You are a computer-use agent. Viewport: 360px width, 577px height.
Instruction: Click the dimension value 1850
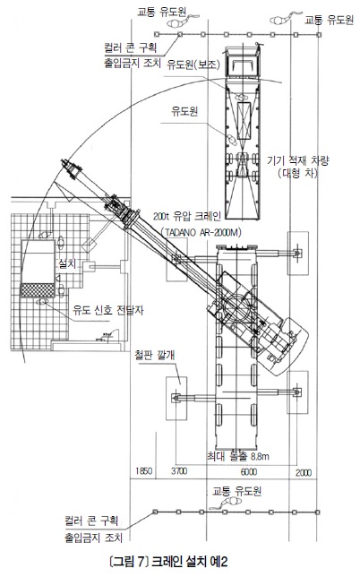point(144,471)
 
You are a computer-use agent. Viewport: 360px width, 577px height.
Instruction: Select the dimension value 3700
point(179,471)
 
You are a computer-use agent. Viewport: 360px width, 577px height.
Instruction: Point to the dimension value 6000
point(249,472)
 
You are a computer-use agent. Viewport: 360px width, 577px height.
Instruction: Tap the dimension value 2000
point(304,472)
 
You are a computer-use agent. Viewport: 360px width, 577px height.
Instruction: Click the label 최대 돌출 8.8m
point(237,457)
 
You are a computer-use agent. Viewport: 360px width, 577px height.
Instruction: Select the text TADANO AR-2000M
point(201,233)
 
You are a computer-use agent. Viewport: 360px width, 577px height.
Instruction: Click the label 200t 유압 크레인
point(187,217)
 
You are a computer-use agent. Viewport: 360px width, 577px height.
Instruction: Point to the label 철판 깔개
point(155,355)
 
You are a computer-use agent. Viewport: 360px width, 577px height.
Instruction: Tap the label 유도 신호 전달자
point(108,310)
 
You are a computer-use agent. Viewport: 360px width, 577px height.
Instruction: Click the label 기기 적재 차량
point(298,160)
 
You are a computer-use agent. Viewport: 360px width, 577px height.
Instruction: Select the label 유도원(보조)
point(193,65)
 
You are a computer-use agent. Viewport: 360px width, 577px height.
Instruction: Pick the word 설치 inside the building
point(67,263)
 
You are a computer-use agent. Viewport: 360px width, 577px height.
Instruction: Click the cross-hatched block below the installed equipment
point(37,290)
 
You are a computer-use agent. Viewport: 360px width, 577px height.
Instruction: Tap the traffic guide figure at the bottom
point(228,502)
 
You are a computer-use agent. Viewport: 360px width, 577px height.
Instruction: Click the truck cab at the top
point(243,62)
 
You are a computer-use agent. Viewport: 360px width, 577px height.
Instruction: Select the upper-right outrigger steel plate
point(298,254)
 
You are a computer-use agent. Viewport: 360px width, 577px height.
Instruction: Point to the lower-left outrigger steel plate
point(176,398)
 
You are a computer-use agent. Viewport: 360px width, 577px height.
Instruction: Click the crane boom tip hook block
point(72,169)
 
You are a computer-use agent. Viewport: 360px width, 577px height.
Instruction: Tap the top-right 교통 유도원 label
point(330,20)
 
